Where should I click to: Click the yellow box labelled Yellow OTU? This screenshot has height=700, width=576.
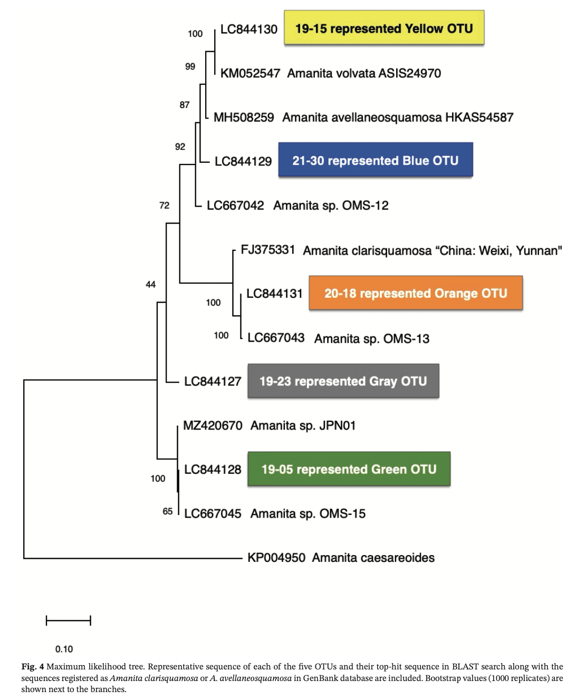pyautogui.click(x=384, y=28)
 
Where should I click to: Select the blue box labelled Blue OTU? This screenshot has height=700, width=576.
pyautogui.click(x=375, y=160)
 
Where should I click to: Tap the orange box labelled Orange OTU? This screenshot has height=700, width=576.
pyautogui.click(x=416, y=293)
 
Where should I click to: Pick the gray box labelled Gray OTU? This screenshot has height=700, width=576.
pyautogui.click(x=343, y=381)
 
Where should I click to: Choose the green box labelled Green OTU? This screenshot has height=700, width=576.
pyautogui.click(x=349, y=469)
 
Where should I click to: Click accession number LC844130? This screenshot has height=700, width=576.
pyautogui.click(x=248, y=30)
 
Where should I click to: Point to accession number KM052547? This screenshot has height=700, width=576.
pyautogui.click(x=250, y=73)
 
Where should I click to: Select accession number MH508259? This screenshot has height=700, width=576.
pyautogui.click(x=244, y=118)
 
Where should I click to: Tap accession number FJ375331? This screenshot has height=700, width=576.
pyautogui.click(x=267, y=250)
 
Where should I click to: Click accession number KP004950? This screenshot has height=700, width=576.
pyautogui.click(x=276, y=558)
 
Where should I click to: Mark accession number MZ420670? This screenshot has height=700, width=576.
pyautogui.click(x=213, y=425)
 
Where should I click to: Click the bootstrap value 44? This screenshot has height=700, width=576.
pyautogui.click(x=150, y=285)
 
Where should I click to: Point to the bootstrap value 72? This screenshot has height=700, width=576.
pyautogui.click(x=165, y=206)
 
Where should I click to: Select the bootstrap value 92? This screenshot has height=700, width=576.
pyautogui.click(x=180, y=147)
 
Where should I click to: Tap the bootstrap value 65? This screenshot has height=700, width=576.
pyautogui.click(x=168, y=511)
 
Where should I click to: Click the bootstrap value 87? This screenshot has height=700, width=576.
pyautogui.click(x=185, y=105)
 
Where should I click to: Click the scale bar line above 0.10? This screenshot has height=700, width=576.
pyautogui.click(x=69, y=620)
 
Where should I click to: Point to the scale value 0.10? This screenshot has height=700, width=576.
pyautogui.click(x=64, y=649)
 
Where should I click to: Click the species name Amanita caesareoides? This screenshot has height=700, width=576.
pyautogui.click(x=373, y=558)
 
